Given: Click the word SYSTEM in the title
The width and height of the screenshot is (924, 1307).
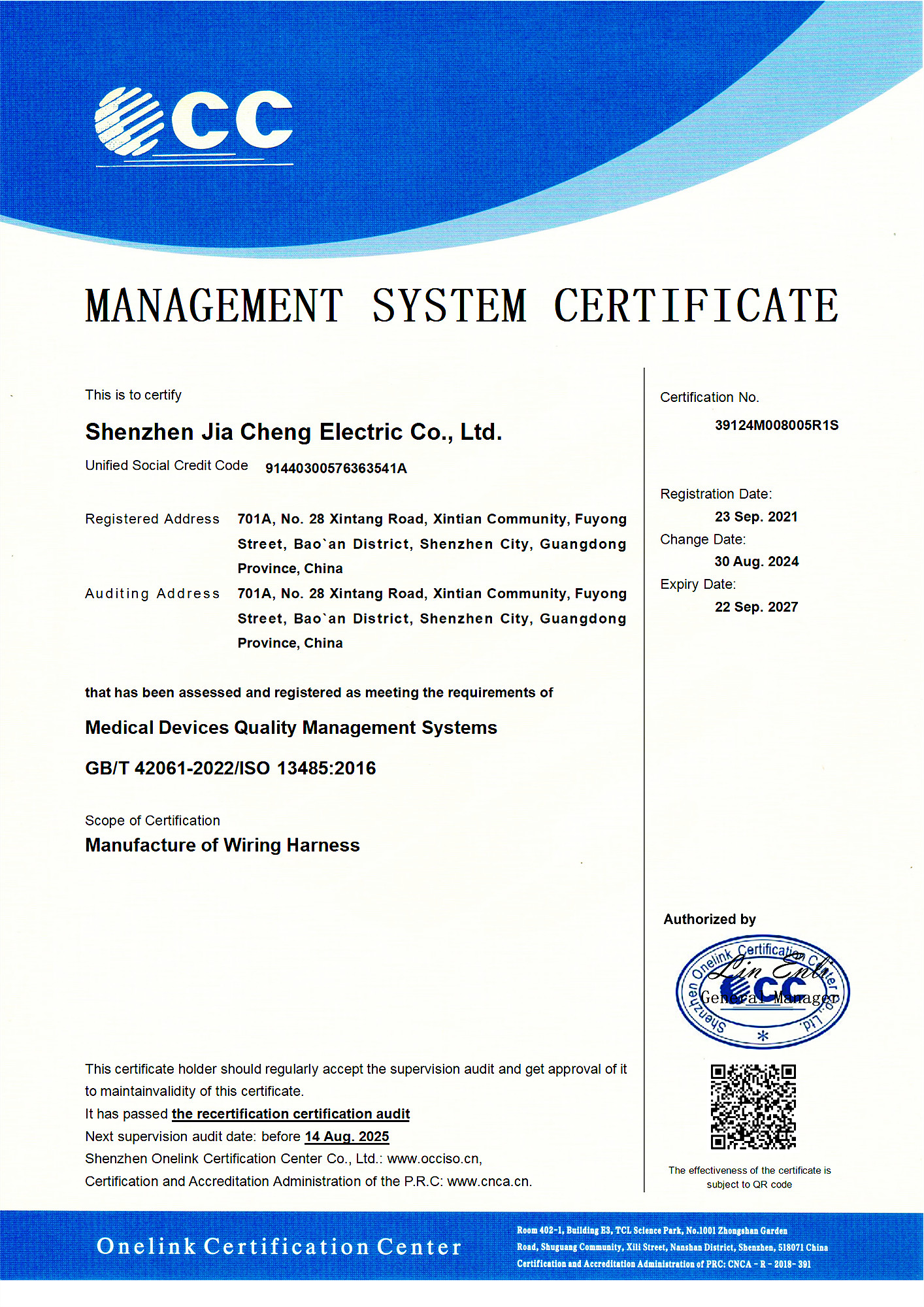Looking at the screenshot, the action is (450, 306).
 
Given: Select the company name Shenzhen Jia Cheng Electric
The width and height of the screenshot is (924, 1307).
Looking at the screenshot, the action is (293, 432).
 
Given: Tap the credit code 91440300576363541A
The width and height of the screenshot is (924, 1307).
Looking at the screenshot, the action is (336, 469).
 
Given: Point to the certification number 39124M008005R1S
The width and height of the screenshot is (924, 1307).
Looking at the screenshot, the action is (776, 425).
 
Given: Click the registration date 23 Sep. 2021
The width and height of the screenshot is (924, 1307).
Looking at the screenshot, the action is (756, 517).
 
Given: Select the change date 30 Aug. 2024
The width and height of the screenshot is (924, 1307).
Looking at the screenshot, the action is (756, 562).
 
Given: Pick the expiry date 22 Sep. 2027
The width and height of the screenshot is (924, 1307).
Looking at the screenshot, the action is (756, 607).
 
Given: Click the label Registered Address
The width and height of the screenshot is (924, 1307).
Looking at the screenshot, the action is (152, 519).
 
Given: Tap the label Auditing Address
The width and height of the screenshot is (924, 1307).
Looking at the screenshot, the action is (152, 593).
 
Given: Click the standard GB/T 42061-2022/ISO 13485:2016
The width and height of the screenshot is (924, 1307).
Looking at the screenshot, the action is (231, 769).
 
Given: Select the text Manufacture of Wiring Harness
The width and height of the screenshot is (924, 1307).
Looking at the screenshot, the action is (222, 846).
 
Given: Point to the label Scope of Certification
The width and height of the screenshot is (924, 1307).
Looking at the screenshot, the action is (152, 821).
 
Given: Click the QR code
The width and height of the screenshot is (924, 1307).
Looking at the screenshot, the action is (753, 1106).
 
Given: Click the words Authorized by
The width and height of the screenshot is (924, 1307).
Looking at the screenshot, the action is (710, 919).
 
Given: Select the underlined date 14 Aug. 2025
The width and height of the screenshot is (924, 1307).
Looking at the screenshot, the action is (347, 1136).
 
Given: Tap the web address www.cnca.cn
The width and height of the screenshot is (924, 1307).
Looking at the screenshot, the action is (489, 1182).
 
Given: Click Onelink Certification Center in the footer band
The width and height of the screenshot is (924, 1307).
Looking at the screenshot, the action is (279, 1247).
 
